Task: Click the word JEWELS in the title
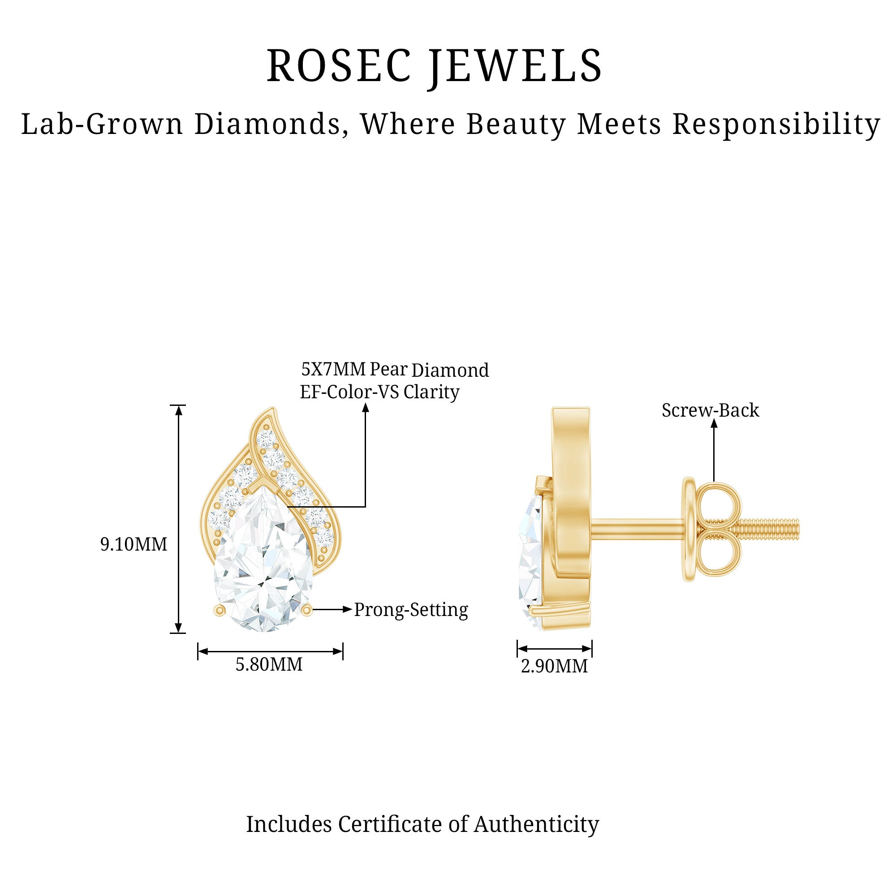[x=515, y=66]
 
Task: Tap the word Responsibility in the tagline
[x=775, y=124]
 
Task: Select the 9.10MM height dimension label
[x=134, y=544]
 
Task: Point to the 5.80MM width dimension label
[x=269, y=664]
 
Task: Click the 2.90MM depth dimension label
[x=554, y=667]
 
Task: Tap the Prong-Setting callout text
[x=411, y=610]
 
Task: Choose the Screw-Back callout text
[x=710, y=410]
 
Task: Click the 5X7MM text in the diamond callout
[x=333, y=369]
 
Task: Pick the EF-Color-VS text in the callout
[x=349, y=392]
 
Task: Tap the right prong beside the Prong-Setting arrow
[x=306, y=610]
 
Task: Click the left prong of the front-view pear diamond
[x=220, y=610]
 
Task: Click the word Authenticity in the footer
[x=536, y=824]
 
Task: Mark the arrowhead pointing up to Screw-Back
[x=714, y=423]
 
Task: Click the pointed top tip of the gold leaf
[x=273, y=409]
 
